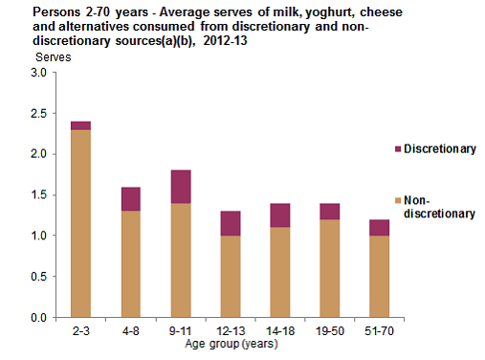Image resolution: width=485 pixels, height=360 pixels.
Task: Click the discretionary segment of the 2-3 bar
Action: [x=80, y=125]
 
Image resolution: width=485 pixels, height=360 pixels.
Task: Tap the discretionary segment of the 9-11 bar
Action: [x=181, y=186]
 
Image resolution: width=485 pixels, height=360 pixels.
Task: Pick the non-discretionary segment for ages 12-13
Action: [x=231, y=276]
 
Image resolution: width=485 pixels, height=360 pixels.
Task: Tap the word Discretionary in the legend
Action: [x=439, y=149]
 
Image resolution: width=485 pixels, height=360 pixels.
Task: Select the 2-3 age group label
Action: [x=80, y=331]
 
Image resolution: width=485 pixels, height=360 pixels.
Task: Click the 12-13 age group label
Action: [x=231, y=331]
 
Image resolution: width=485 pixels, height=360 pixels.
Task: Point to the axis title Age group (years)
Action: [x=231, y=344]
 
